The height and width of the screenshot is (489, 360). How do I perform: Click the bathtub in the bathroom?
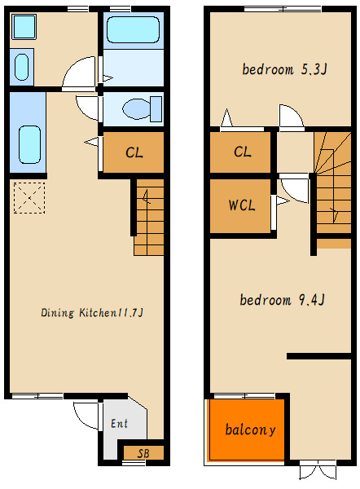(133, 29)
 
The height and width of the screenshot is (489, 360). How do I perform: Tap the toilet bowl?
(142, 109)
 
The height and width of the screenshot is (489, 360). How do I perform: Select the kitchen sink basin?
(29, 144)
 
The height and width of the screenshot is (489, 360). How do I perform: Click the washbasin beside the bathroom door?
(21, 67)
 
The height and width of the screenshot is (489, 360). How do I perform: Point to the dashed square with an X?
(29, 198)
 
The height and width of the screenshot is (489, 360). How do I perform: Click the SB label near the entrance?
(143, 453)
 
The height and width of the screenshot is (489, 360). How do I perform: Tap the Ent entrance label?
(120, 423)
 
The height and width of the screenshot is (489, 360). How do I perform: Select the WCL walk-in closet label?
(242, 205)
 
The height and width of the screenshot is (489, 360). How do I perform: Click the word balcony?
(250, 430)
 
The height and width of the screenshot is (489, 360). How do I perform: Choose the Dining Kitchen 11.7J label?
(92, 312)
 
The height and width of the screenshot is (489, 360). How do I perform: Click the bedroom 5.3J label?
(284, 69)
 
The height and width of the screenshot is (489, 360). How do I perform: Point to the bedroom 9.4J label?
(282, 300)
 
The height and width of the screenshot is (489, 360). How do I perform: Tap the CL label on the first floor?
(134, 152)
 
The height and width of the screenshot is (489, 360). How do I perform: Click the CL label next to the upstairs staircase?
(243, 152)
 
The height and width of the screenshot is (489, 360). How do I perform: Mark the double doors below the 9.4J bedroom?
(318, 472)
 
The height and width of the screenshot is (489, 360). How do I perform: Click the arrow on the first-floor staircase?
(146, 196)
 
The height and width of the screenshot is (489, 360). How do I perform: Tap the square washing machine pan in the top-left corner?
(24, 27)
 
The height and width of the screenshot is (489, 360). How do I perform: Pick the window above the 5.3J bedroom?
(283, 9)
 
